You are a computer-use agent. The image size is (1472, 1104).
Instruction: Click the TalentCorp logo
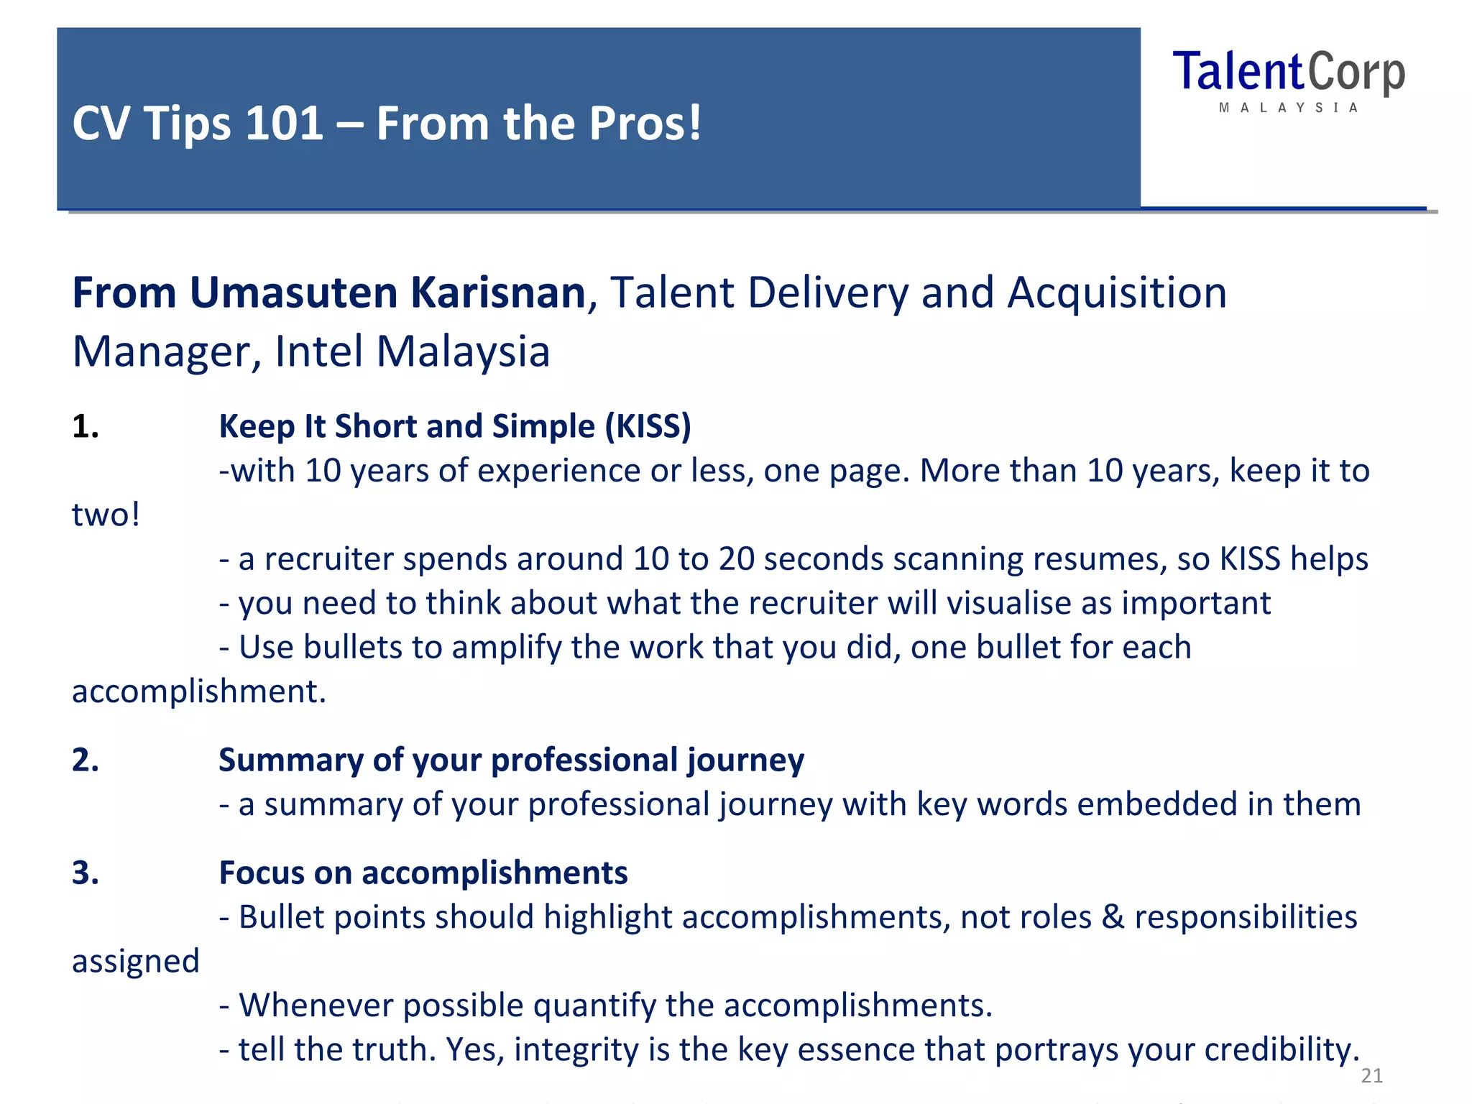(1288, 79)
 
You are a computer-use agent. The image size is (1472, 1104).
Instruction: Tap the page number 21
(1371, 1075)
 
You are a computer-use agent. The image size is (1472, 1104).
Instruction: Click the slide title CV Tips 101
(387, 123)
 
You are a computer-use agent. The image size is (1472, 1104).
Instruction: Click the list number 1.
(85, 426)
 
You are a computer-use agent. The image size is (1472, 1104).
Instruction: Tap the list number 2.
(85, 760)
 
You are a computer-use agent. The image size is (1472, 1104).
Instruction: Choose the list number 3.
(85, 873)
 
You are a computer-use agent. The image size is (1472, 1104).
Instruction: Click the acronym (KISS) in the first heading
(648, 426)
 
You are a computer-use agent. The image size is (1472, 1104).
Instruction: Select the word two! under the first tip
(106, 515)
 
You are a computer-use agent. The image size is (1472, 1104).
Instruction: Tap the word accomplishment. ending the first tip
(199, 691)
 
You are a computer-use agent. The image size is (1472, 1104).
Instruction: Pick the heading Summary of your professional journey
(511, 760)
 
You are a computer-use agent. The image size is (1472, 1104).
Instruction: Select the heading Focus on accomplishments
(423, 873)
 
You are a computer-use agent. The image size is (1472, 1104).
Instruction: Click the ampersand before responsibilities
(1113, 917)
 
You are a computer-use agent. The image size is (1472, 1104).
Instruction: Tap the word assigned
(135, 962)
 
